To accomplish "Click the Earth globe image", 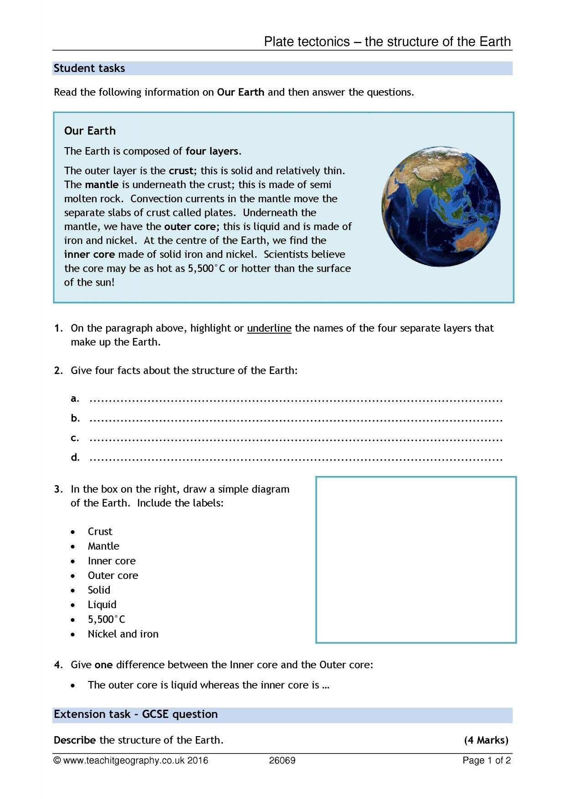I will [x=441, y=206].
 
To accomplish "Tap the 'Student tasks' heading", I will [x=89, y=68].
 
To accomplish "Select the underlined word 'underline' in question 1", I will [x=269, y=328].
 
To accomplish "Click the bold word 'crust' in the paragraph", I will [x=181, y=171].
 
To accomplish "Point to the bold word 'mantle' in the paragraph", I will [x=102, y=184].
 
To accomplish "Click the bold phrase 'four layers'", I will [x=212, y=151].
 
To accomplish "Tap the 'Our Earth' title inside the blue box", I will [x=90, y=131].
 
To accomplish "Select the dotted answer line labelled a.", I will [x=296, y=400].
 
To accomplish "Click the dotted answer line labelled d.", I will [x=296, y=459].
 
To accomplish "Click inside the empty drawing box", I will [x=416, y=559].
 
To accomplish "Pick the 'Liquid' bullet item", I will [x=102, y=604].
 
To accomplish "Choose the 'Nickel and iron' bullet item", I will [x=123, y=634].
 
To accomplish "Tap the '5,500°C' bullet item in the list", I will [x=106, y=619].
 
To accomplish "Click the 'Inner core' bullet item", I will [x=112, y=561].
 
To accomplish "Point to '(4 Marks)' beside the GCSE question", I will [x=486, y=740].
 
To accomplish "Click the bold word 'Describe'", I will [x=75, y=740].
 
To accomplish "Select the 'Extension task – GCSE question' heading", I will [x=136, y=714].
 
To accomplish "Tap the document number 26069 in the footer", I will [x=282, y=760].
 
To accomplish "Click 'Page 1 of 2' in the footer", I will [x=486, y=760].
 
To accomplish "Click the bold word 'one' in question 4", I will [x=103, y=665].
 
